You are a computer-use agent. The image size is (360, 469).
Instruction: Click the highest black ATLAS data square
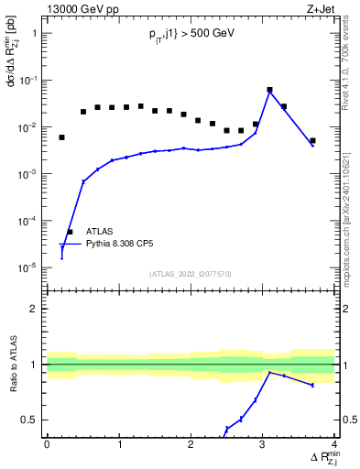269,90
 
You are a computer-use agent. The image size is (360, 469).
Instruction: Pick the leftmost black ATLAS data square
62,137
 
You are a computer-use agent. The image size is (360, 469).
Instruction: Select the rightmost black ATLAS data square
312,141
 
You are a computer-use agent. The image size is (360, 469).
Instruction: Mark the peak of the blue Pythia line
269,92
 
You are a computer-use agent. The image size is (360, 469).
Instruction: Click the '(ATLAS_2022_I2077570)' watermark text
190,273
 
